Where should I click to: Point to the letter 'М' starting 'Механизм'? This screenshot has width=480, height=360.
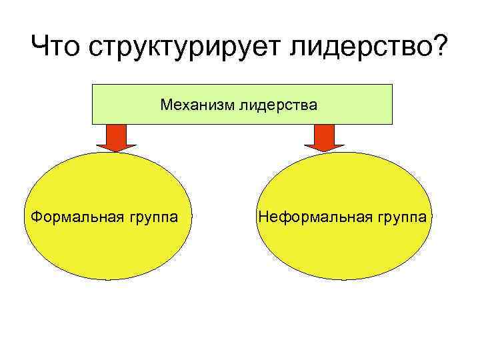pyautogui.click(x=165, y=105)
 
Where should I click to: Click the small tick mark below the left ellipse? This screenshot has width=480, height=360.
pyautogui.click(x=107, y=279)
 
